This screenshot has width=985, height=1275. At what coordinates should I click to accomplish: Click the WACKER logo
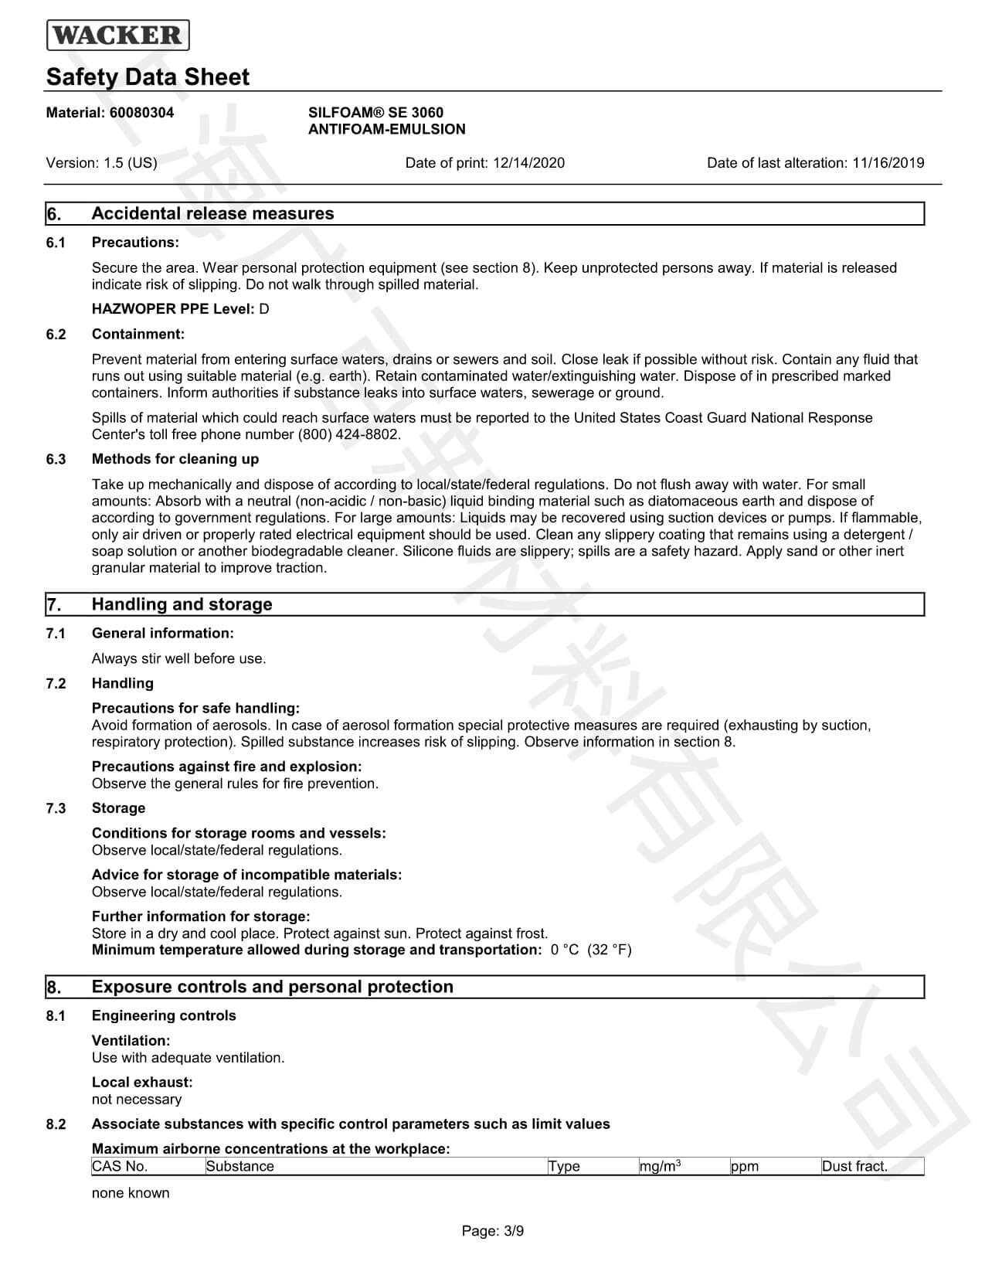(x=118, y=36)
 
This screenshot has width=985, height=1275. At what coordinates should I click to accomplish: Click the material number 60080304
(x=141, y=113)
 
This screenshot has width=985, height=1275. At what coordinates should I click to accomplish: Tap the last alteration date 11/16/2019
(x=888, y=163)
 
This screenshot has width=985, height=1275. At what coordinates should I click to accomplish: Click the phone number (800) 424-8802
(x=349, y=434)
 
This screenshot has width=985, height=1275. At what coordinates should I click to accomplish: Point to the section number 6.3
(x=56, y=460)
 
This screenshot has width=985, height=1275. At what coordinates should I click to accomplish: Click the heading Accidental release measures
(x=212, y=214)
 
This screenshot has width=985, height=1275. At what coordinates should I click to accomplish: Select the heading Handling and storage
(x=182, y=604)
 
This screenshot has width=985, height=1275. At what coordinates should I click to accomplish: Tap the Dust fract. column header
(x=854, y=1167)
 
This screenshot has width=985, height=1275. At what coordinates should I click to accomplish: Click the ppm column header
(x=744, y=1167)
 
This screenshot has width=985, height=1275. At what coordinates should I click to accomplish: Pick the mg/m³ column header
(x=659, y=1167)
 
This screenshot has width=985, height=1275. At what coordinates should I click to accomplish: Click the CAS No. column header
(x=120, y=1167)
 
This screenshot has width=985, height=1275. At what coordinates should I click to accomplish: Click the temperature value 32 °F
(x=610, y=950)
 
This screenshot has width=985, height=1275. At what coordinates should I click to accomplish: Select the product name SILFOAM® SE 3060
(x=375, y=113)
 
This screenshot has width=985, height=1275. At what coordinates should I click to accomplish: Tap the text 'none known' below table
(x=131, y=1193)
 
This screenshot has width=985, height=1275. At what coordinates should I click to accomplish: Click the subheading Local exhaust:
(x=142, y=1083)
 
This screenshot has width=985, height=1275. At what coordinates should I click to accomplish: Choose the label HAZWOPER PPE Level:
(x=173, y=309)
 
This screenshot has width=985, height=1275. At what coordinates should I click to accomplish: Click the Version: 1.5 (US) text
(x=101, y=163)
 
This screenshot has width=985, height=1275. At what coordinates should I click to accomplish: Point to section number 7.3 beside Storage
(x=56, y=808)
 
